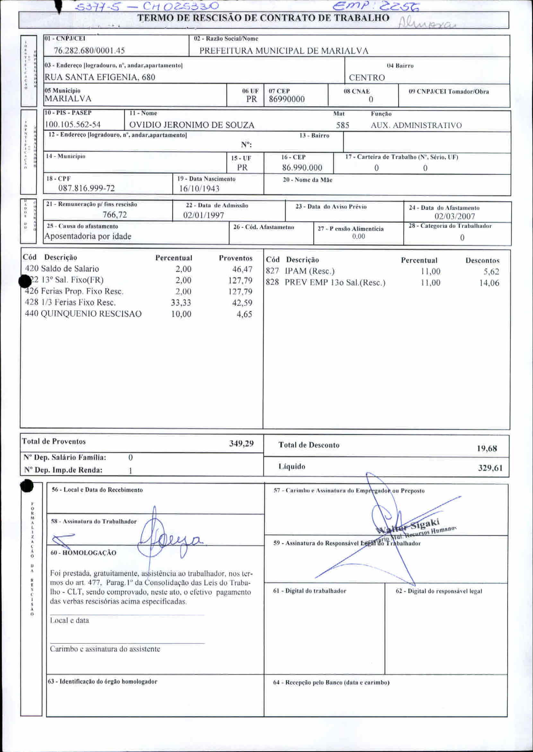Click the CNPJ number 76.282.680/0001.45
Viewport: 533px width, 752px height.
coord(89,50)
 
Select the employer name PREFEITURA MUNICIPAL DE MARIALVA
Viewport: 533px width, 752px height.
coord(284,51)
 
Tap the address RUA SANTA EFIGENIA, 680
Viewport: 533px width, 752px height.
coord(100,77)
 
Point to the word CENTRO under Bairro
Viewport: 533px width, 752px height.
coord(367,78)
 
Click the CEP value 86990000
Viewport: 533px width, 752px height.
coord(286,99)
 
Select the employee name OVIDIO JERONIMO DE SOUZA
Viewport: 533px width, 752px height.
coord(192,125)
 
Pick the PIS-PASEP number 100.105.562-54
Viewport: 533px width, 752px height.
coord(73,125)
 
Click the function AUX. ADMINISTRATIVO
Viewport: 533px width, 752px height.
coord(416,125)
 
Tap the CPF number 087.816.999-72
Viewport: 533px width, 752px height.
coord(87,188)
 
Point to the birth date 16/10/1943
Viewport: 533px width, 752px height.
coord(199,189)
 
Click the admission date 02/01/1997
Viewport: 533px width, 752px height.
coord(204,215)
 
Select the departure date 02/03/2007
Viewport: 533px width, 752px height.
coord(455,216)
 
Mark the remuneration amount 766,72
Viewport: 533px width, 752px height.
coord(115,215)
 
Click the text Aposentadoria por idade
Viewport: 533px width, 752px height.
coord(88,236)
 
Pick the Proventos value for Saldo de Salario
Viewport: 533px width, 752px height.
coord(242,269)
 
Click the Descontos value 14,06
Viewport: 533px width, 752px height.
coord(489,283)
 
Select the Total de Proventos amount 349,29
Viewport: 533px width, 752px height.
coord(241,444)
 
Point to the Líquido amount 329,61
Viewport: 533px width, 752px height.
coord(490,468)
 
